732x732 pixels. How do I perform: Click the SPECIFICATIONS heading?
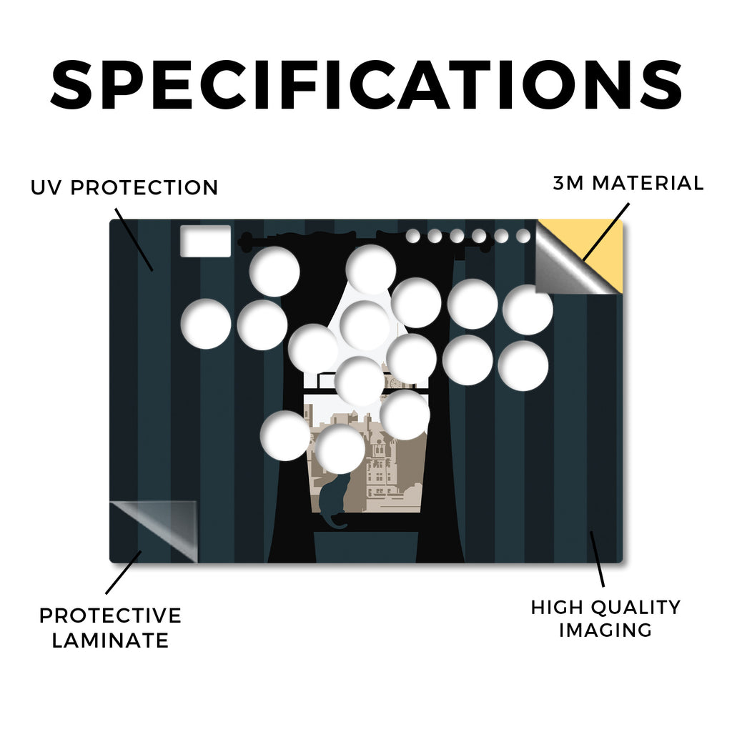[366, 85]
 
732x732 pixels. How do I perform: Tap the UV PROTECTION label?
[124, 188]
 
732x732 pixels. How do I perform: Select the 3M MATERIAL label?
[628, 183]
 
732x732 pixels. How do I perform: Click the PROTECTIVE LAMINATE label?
[110, 628]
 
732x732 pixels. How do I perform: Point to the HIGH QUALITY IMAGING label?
[606, 618]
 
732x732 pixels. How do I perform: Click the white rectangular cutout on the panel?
[205, 241]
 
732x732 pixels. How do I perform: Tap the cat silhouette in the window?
[334, 500]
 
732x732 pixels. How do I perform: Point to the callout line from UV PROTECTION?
[134, 239]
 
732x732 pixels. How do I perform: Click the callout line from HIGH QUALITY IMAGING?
[597, 559]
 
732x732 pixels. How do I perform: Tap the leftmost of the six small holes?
[412, 236]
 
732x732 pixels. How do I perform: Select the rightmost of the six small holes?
[523, 236]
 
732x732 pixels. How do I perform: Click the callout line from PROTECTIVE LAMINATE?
[123, 573]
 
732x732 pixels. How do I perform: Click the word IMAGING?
[605, 630]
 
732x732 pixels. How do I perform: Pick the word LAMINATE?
[110, 640]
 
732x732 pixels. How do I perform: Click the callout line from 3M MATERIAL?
[605, 232]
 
